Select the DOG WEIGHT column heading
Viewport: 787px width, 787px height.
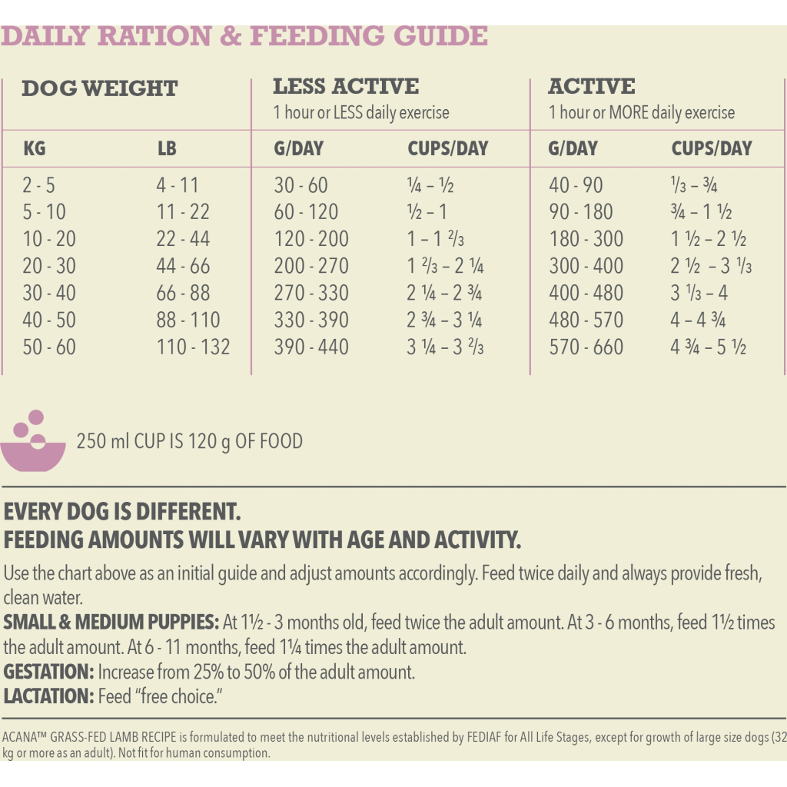click(99, 88)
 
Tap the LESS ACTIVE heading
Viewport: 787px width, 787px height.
click(346, 86)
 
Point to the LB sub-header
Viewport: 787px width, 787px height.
click(167, 148)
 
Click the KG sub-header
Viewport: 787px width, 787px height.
click(35, 148)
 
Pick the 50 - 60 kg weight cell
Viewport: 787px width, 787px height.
click(49, 347)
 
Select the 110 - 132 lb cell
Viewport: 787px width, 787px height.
click(193, 347)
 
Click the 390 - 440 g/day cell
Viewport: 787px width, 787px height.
click(311, 347)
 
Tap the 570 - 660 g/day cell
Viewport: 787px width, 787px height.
click(586, 347)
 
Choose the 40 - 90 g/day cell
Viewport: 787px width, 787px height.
click(576, 185)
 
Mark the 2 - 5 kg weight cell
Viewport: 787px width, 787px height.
click(39, 185)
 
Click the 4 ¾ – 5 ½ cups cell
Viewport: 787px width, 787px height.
click(708, 347)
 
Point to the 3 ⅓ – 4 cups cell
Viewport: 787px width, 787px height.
click(699, 294)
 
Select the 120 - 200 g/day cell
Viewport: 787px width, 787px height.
click(311, 239)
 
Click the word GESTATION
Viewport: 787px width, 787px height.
click(48, 672)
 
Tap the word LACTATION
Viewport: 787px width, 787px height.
click(48, 697)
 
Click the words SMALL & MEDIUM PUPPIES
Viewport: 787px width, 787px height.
click(111, 623)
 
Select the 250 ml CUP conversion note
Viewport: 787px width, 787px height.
click(189, 442)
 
